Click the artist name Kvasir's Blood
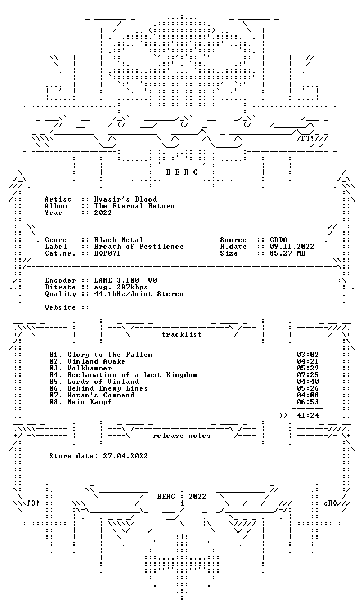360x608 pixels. tap(125, 199)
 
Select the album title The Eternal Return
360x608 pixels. tap(134, 206)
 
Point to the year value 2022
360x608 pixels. tap(103, 212)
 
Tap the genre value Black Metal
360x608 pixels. tap(119, 240)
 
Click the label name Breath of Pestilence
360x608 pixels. tap(139, 247)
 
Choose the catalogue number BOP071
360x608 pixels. tap(107, 253)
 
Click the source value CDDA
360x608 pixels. tap(278, 240)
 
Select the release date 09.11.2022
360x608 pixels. tap(292, 247)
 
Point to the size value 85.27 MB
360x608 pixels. tap(287, 253)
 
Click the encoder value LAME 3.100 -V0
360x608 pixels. tap(125, 280)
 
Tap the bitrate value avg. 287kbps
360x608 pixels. tap(121, 287)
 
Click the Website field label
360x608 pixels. tap(60, 307)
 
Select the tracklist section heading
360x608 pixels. tap(182, 334)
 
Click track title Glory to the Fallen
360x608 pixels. tap(110, 355)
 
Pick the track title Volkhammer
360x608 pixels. tap(89, 368)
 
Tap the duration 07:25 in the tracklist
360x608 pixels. tap(308, 375)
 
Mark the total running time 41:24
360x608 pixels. tap(308, 415)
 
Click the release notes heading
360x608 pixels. tap(182, 436)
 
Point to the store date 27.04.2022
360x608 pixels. tap(125, 456)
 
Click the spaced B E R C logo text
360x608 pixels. tap(182, 172)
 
